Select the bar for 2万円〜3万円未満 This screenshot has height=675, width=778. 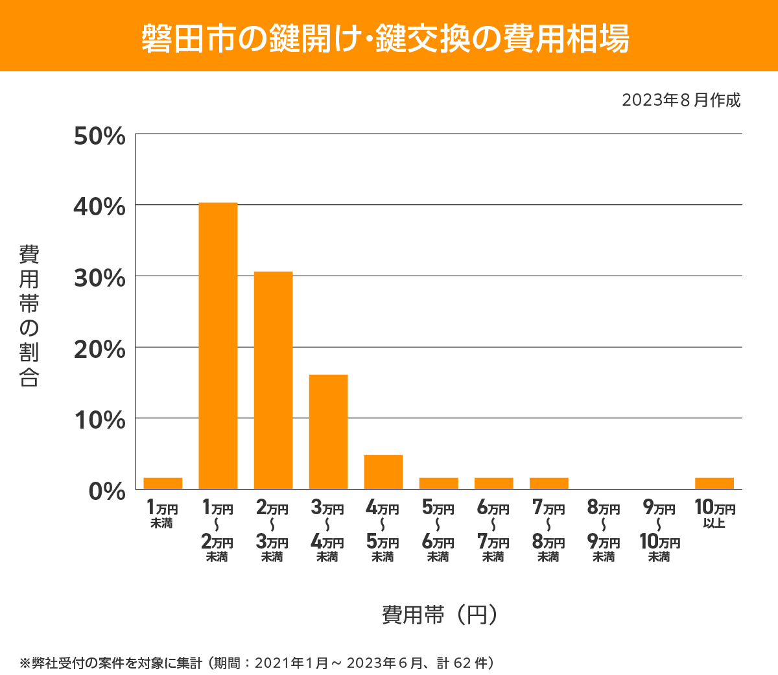point(273,380)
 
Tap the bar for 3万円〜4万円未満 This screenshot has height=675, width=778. point(328,432)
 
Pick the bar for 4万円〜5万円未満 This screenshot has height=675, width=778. point(383,472)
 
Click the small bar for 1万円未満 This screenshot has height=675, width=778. point(163,483)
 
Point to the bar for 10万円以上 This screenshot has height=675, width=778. point(714,483)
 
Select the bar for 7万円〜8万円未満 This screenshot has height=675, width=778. point(549,483)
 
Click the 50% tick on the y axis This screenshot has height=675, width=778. point(99,136)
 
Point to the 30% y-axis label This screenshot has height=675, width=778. point(99,278)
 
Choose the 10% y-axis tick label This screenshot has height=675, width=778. point(99,420)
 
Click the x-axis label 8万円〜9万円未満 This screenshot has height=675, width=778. point(604,532)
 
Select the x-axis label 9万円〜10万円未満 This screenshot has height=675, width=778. point(659,532)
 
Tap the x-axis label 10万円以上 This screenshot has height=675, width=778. point(714,514)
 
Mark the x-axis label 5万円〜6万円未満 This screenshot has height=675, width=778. point(438,532)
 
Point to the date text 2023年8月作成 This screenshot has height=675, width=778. point(681,101)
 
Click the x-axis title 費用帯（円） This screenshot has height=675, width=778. point(439,615)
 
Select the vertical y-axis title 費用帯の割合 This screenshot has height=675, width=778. point(29,316)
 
